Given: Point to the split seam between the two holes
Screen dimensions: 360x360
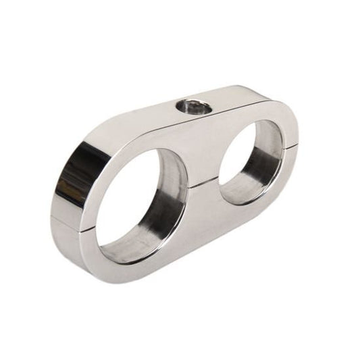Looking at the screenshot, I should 201,181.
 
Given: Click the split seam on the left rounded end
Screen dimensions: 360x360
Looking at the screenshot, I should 68,217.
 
